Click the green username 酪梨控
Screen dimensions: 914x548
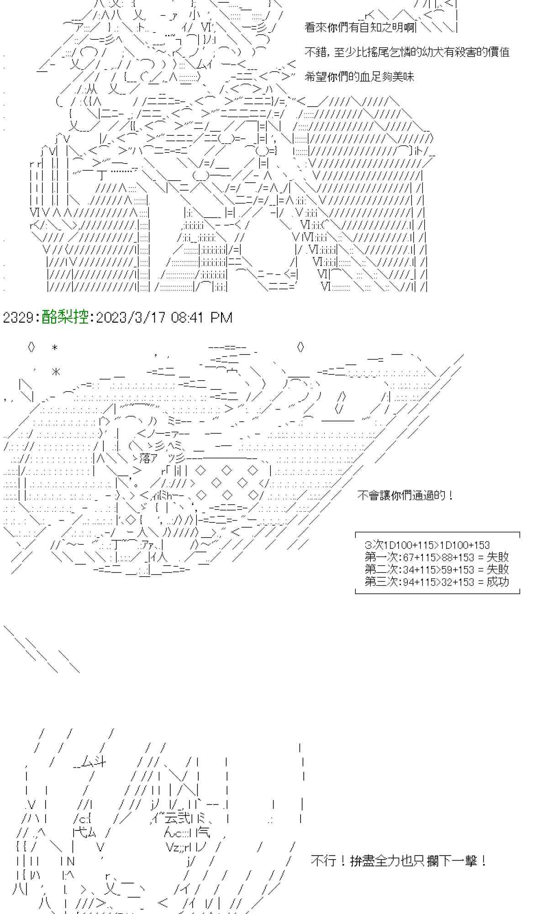(x=65, y=317)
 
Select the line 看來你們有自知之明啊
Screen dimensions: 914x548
(x=360, y=27)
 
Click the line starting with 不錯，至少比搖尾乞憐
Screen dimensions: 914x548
(x=406, y=52)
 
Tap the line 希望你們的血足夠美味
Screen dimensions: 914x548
(x=359, y=77)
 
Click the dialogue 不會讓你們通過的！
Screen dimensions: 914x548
(x=405, y=495)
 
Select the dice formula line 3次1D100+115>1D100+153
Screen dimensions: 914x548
(x=427, y=545)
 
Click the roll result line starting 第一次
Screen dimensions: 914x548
(x=436, y=557)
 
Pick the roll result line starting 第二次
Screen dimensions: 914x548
(x=436, y=569)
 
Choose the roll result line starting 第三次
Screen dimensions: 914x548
(x=436, y=582)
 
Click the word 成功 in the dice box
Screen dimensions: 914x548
(x=497, y=582)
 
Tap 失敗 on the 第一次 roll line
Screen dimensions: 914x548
(x=497, y=557)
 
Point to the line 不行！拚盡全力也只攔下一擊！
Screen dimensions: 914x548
(x=399, y=861)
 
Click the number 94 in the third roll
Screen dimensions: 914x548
(x=406, y=582)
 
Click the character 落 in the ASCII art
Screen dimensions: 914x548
(x=146, y=458)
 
